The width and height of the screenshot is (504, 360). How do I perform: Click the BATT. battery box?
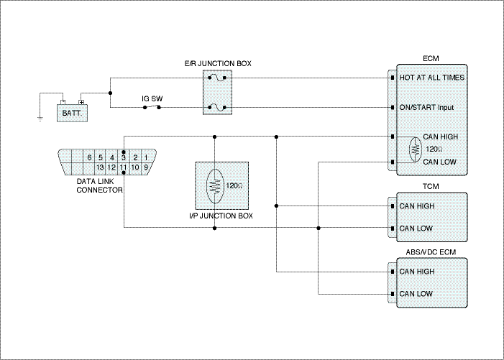[x=73, y=113]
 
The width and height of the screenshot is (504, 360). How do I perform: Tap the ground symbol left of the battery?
[x=40, y=119]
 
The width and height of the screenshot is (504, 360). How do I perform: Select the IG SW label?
[x=152, y=98]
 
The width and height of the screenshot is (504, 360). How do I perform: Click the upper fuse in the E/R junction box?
[x=217, y=78]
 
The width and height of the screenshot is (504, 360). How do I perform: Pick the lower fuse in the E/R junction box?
[x=217, y=108]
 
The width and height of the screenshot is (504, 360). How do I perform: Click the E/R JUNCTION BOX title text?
[x=218, y=63]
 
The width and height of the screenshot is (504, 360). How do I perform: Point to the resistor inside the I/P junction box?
[x=215, y=186]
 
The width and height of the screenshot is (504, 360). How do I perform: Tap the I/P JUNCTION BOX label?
[x=221, y=216]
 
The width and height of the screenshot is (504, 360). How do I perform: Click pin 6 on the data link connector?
[x=89, y=157]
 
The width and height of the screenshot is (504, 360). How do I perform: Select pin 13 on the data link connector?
[x=100, y=167]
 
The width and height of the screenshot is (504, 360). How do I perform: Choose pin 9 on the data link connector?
[x=146, y=167]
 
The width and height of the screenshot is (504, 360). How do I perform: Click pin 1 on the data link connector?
[x=146, y=157]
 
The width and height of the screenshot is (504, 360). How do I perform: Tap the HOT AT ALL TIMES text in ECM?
[x=431, y=78]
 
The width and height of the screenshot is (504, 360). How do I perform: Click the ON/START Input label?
[x=426, y=107]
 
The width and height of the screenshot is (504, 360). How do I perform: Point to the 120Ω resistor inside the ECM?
[x=416, y=149]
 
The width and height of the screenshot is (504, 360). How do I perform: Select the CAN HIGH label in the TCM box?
[x=417, y=206]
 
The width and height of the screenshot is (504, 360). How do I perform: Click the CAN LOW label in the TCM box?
[x=416, y=229]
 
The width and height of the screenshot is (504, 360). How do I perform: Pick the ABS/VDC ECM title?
[x=431, y=252]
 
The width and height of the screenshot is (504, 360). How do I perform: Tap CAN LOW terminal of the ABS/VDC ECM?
[x=393, y=294]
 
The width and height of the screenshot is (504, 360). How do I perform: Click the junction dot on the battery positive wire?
[x=110, y=93]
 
